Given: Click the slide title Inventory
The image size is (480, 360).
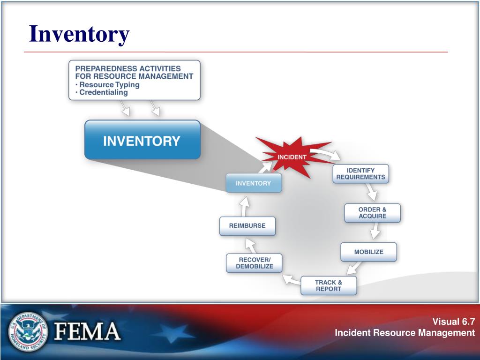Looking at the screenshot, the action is (x=79, y=34).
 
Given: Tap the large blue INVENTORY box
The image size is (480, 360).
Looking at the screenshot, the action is (x=142, y=141).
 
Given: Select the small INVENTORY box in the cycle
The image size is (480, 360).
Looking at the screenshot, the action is (x=254, y=183).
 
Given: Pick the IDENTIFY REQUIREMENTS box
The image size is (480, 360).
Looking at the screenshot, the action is (x=360, y=173).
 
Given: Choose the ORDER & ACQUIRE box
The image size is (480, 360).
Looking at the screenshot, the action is (x=372, y=213).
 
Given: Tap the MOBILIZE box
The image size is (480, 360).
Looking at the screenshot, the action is (x=368, y=252).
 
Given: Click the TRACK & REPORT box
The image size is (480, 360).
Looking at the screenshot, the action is (x=329, y=285).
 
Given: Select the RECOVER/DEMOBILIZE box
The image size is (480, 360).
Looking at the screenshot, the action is (x=255, y=263).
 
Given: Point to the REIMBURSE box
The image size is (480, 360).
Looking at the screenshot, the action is (x=247, y=226).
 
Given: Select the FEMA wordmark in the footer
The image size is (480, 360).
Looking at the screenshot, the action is (x=88, y=332).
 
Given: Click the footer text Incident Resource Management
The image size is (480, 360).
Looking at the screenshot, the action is (x=405, y=333).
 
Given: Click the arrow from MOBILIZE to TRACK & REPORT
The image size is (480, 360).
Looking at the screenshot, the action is (x=354, y=268).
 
